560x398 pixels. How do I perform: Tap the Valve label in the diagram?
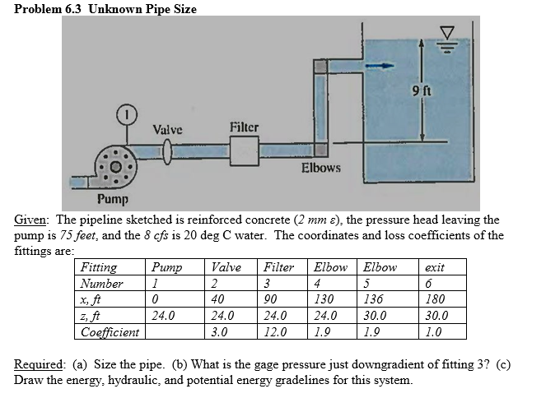pos(168,130)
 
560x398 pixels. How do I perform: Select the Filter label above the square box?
pos(244,127)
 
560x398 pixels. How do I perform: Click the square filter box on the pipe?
pos(244,151)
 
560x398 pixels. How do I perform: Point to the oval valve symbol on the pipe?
pos(169,151)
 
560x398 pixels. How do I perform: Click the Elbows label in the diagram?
pos(321,168)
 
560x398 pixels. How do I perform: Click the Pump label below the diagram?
pos(113,199)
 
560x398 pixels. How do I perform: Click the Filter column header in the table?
pos(279,267)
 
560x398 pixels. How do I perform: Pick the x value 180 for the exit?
pos(436,299)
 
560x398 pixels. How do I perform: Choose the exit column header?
pos(434,267)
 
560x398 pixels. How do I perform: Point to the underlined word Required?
pos(39,364)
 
